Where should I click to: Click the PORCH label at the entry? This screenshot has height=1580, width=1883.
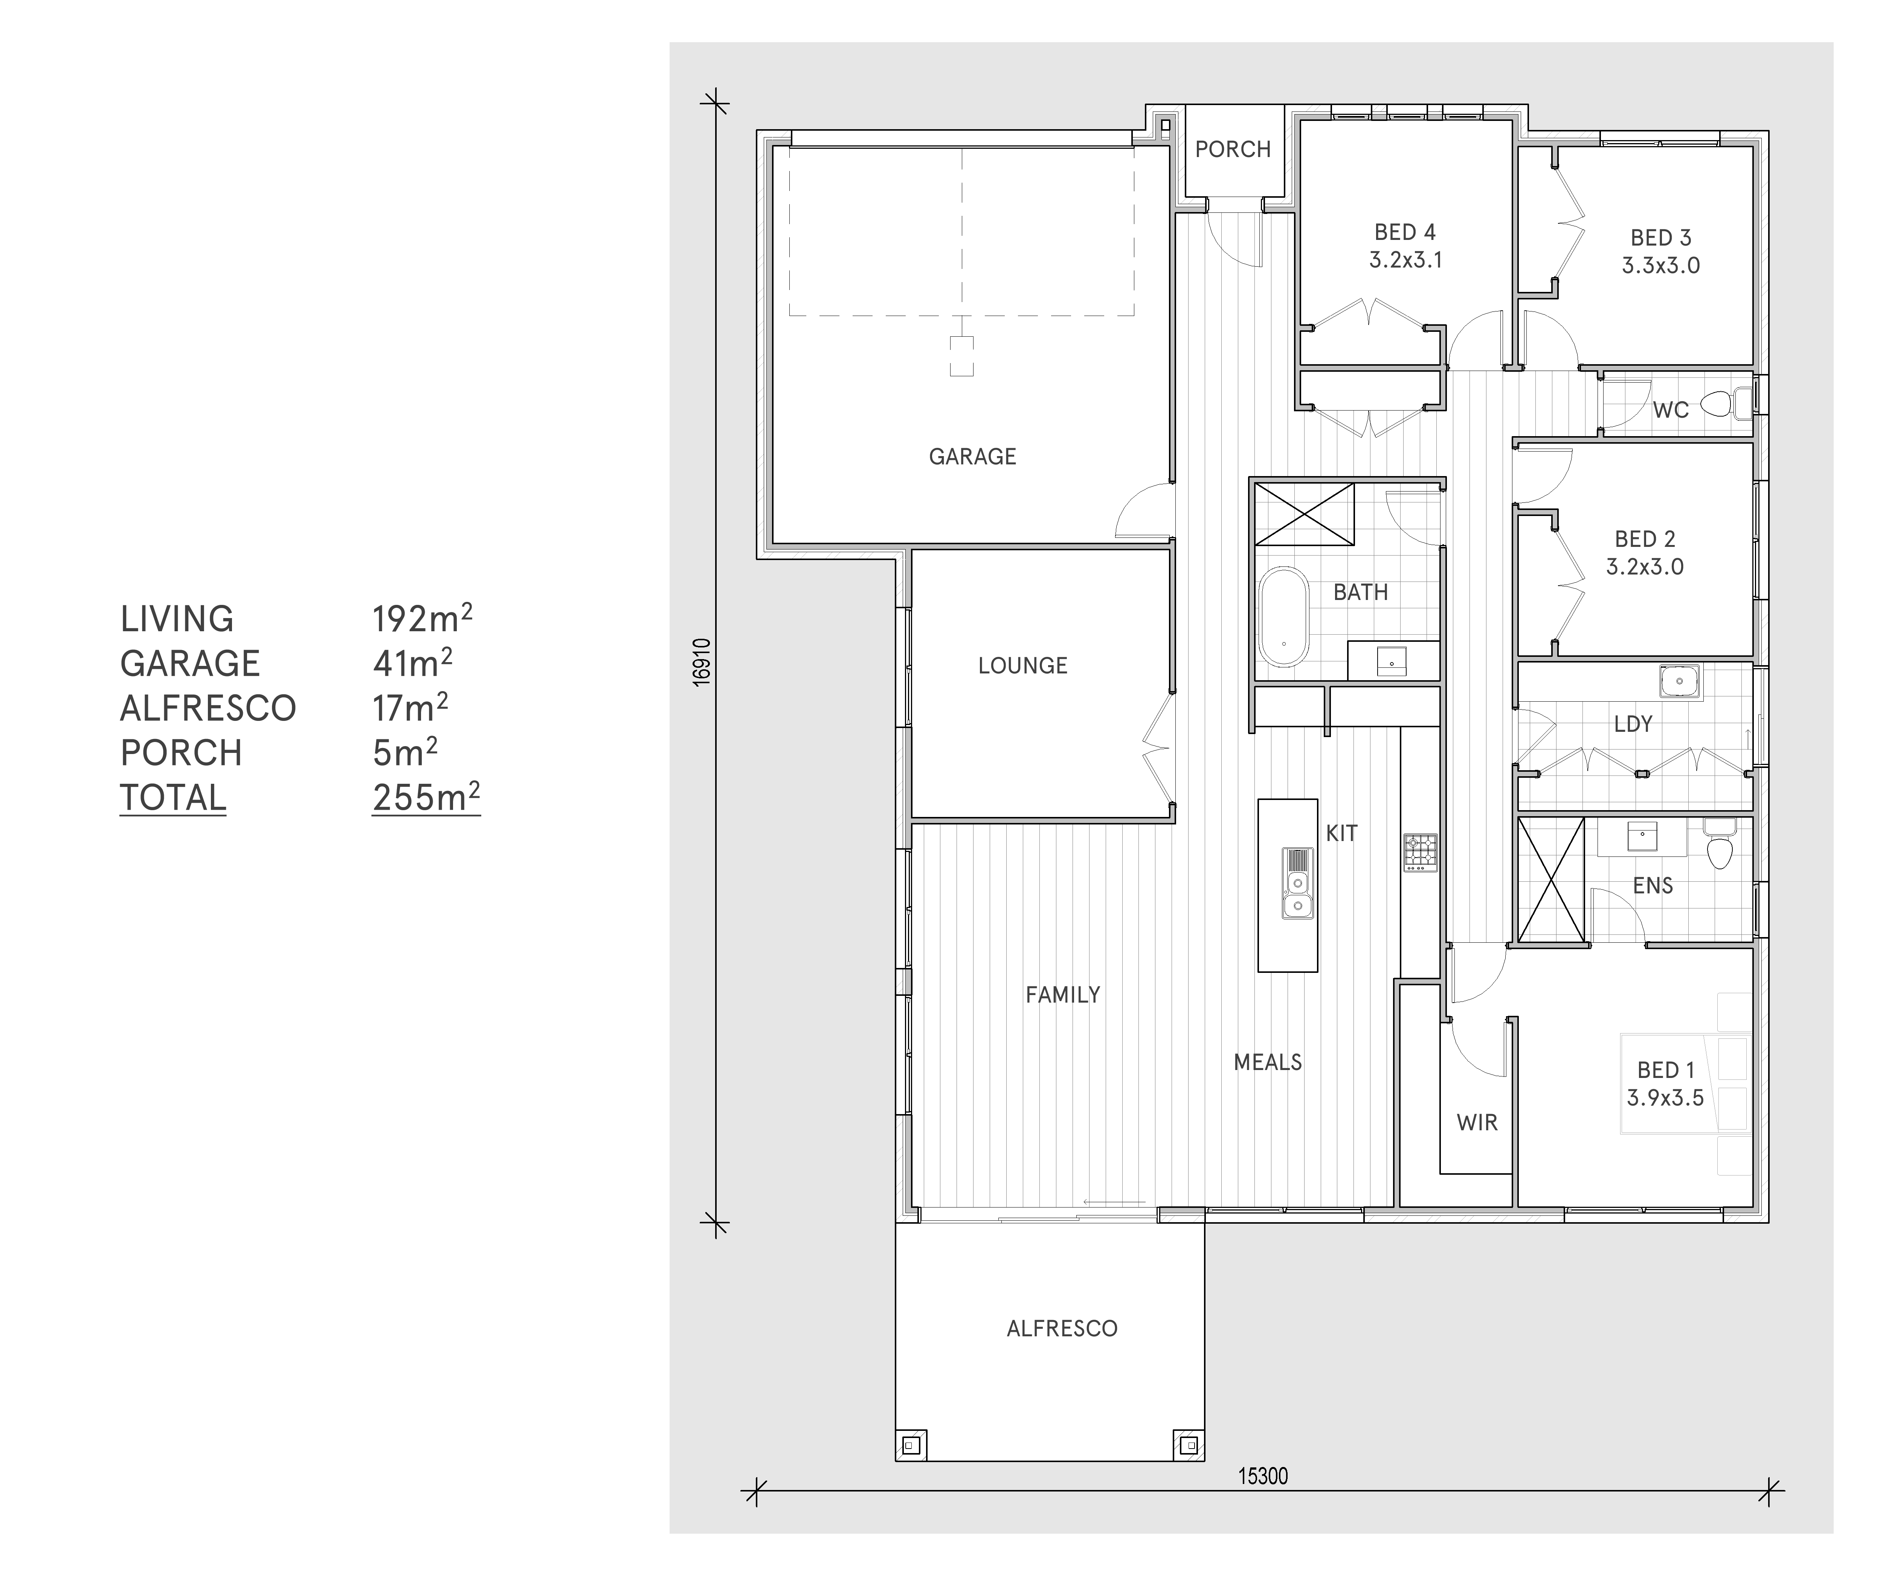pyautogui.click(x=1233, y=149)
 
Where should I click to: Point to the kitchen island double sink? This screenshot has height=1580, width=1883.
pyautogui.click(x=1297, y=883)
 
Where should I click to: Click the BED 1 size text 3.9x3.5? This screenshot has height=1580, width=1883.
pyautogui.click(x=1665, y=1098)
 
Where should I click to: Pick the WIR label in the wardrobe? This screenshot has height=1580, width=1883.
pyautogui.click(x=1477, y=1123)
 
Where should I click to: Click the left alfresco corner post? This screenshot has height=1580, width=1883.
pyautogui.click(x=911, y=1446)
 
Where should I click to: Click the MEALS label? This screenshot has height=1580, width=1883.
pyautogui.click(x=1268, y=1062)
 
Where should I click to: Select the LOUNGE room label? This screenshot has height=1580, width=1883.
pyautogui.click(x=1023, y=666)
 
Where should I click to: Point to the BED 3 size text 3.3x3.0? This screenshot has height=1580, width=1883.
pyautogui.click(x=1661, y=266)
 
